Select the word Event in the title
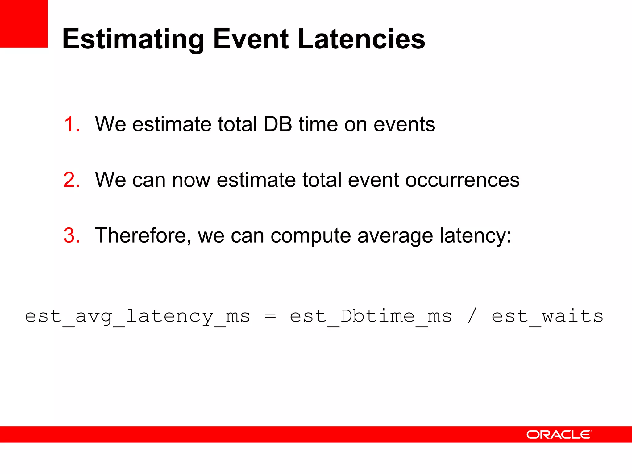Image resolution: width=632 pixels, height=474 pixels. (x=251, y=39)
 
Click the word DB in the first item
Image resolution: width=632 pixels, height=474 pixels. (x=278, y=124)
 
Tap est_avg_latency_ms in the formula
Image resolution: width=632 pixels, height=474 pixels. (x=137, y=316)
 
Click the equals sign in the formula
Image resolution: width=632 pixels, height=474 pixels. (x=270, y=316)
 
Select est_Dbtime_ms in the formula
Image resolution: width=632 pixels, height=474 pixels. (x=371, y=316)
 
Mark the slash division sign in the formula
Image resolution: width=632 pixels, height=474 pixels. (x=472, y=316)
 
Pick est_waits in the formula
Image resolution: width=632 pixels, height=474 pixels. (x=547, y=316)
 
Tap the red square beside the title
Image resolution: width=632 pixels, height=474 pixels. (x=24, y=24)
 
